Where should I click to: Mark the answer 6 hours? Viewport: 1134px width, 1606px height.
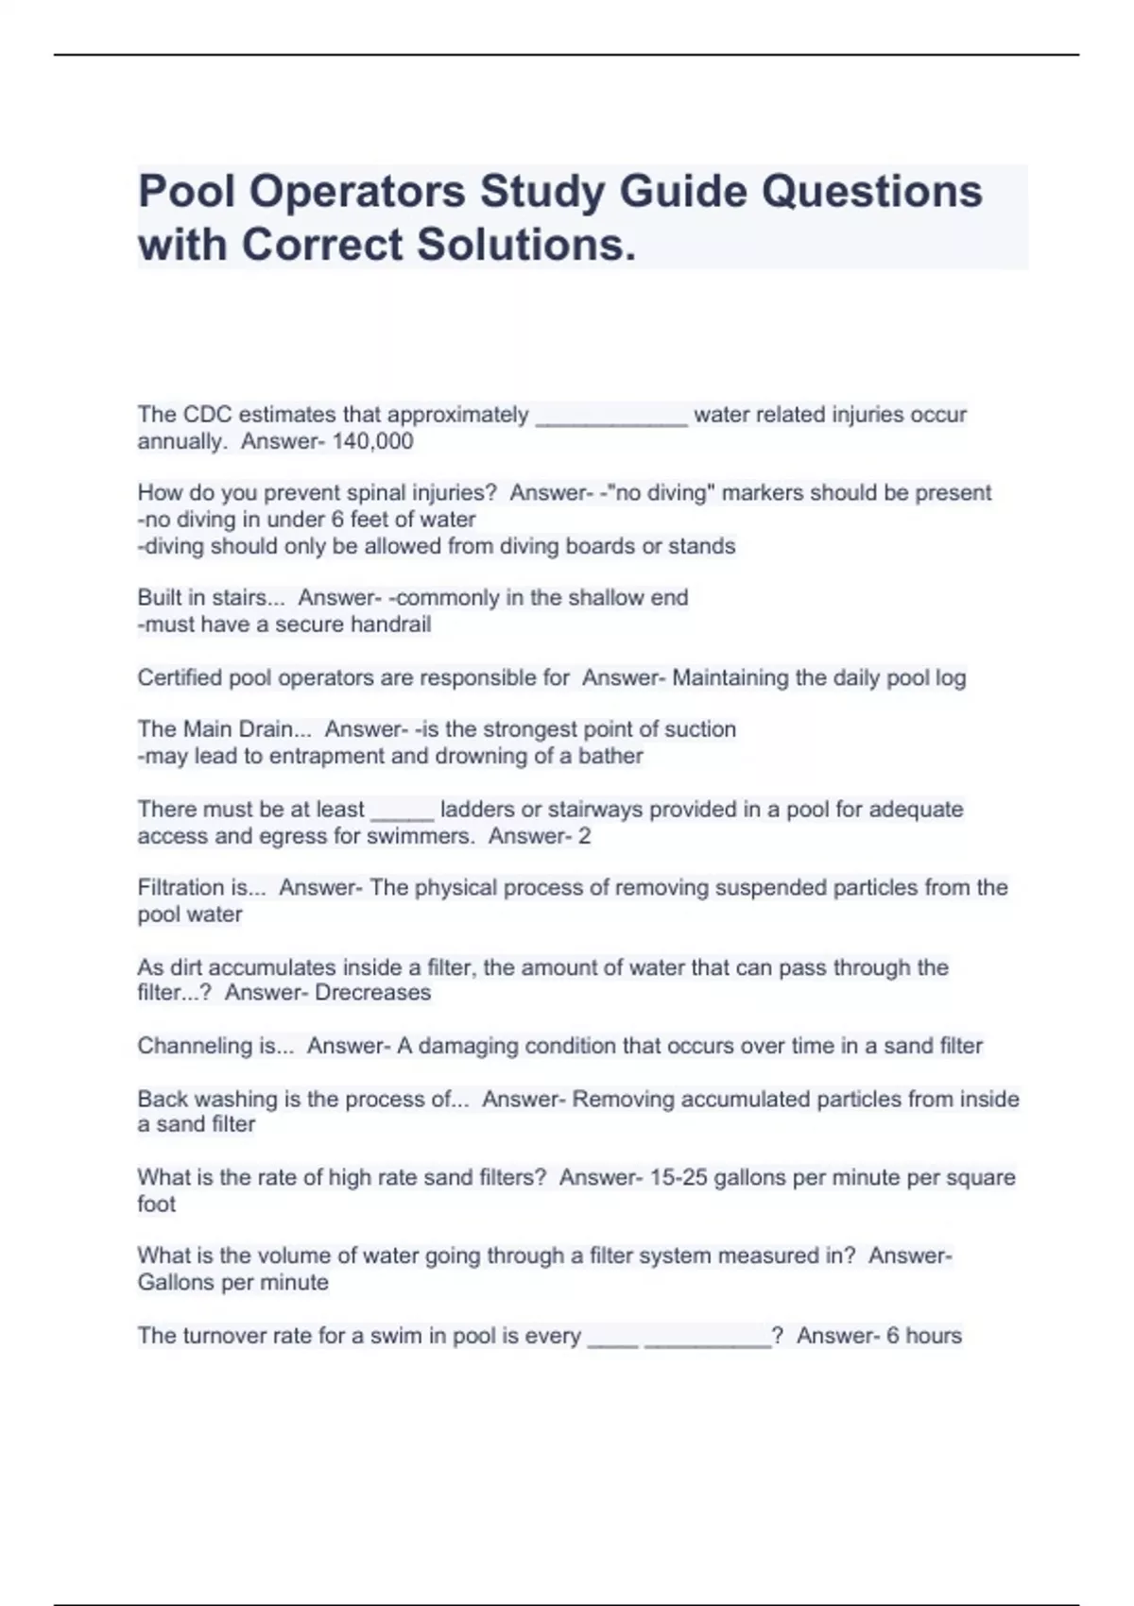tap(923, 1336)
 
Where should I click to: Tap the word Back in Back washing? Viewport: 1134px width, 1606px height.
tap(160, 1099)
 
